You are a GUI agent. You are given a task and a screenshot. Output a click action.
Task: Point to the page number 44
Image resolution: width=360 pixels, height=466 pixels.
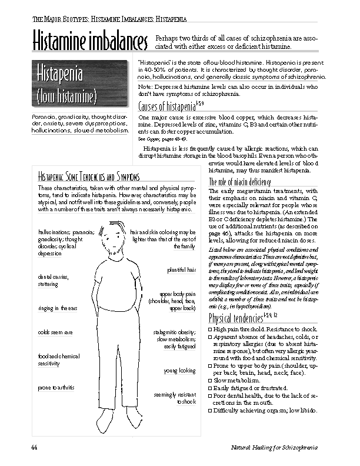[x=35, y=448]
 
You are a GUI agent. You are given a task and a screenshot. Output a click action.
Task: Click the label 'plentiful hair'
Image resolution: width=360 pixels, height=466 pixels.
[x=181, y=269]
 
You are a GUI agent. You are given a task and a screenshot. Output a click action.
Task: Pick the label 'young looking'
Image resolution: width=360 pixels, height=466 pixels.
[x=179, y=371]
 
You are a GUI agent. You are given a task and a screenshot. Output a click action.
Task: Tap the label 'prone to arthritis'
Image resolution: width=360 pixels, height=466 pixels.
[x=58, y=388]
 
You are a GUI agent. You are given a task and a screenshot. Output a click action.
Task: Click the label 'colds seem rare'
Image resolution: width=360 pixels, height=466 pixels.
[x=55, y=332]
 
